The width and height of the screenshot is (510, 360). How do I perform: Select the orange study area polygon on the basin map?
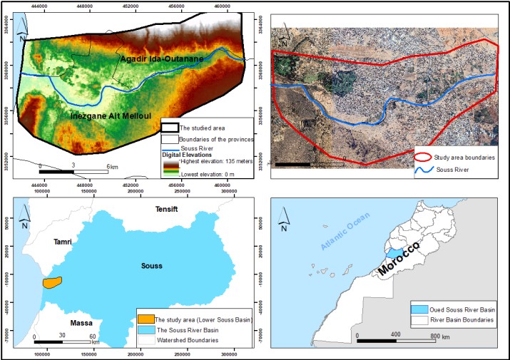coord(52,282)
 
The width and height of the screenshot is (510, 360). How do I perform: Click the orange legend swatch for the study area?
coord(146,320)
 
